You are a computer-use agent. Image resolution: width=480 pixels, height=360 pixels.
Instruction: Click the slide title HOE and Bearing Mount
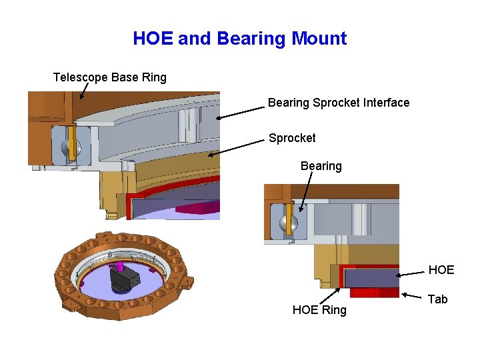239,38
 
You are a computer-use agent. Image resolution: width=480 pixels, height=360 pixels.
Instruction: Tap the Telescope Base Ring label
110,77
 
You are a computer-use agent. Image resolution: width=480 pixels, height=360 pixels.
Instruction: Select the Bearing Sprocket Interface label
339,103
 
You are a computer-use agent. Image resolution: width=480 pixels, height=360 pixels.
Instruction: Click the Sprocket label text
292,138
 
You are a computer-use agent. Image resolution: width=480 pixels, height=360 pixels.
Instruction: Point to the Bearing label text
321,166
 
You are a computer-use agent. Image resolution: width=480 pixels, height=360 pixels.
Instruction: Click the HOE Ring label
319,310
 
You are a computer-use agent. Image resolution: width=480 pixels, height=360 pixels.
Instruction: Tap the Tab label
437,299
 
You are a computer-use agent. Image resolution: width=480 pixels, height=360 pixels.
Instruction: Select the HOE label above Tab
441,270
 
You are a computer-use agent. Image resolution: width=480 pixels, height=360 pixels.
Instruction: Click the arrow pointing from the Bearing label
309,194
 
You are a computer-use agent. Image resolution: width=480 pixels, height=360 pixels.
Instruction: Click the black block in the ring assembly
125,281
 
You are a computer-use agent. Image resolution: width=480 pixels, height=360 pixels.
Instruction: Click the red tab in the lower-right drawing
373,292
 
